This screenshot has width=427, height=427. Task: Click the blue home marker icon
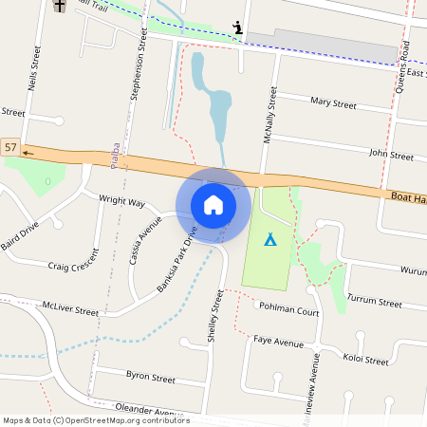[x=213, y=204]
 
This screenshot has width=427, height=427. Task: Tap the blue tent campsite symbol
[x=269, y=239]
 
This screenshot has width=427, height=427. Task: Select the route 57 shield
[x=10, y=147]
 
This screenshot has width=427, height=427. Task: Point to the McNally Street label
[x=268, y=116]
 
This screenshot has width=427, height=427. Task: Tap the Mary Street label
[x=333, y=102]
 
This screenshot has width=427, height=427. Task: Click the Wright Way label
[x=121, y=202]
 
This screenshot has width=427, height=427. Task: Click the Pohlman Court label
[x=290, y=310]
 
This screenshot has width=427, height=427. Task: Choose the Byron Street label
[x=151, y=377]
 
